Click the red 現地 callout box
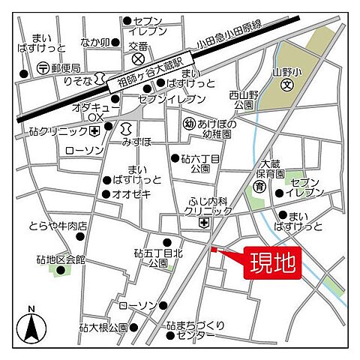[272, 263]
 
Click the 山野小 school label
[286, 72]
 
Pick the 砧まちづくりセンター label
[196, 330]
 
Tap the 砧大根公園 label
[102, 328]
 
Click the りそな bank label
[77, 80]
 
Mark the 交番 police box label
[138, 46]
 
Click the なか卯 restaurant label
[95, 42]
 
